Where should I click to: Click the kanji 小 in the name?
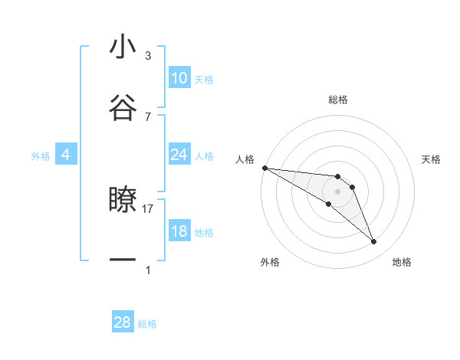[123, 47]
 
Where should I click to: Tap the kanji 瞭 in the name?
[123, 200]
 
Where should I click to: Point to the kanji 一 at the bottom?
[123, 260]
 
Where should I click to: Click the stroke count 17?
[148, 208]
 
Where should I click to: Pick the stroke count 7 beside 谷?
[148, 116]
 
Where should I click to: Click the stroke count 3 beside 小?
[148, 56]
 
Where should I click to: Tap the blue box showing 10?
[179, 78]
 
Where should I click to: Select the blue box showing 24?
[179, 155]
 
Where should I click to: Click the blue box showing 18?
[179, 231]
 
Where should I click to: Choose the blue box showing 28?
[123, 322]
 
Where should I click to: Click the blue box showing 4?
[66, 155]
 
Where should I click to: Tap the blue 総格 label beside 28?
[147, 324]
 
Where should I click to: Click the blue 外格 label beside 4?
[41, 155]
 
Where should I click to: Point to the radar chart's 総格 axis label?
[338, 100]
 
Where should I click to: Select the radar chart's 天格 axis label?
[432, 159]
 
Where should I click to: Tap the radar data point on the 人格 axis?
[264, 168]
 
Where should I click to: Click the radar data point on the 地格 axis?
[374, 242]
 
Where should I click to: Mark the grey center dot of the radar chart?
[338, 191]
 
